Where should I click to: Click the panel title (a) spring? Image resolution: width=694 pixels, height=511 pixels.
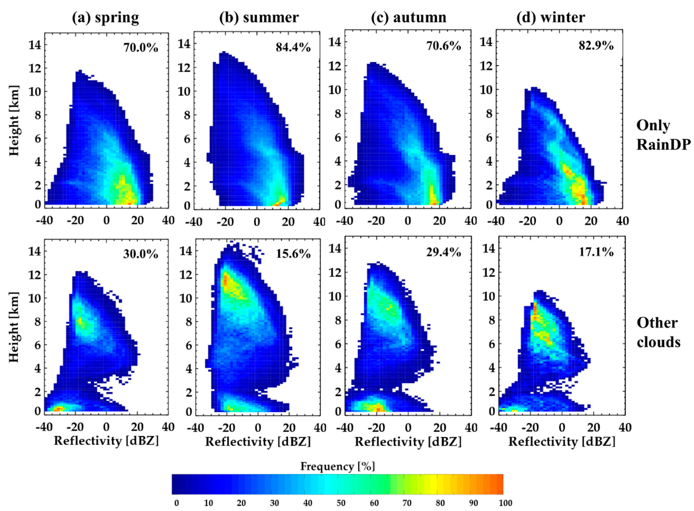pos(105,17)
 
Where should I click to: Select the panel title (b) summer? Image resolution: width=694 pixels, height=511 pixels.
pos(259,17)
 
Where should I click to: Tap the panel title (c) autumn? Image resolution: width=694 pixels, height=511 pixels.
pos(409,17)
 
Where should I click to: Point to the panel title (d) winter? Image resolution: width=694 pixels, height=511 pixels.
pos(551,17)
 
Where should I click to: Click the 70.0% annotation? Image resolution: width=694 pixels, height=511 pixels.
pos(141,48)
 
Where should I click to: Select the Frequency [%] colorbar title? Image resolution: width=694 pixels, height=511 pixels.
pos(337,466)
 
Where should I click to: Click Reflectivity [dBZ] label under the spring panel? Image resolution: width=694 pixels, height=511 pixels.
pos(106,441)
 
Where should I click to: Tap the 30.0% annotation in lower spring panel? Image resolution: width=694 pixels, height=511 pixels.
pos(141,254)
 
